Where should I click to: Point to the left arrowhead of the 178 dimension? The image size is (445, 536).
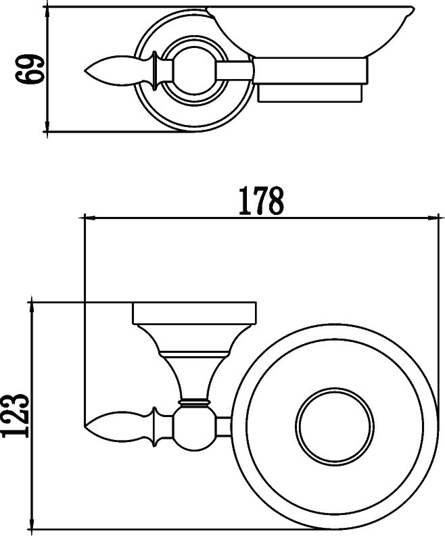pos(87,218)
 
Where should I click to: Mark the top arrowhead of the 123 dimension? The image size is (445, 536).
pos(32,306)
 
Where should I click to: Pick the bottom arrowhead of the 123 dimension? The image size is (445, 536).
pos(32,525)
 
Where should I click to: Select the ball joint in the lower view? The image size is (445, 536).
pos(194,426)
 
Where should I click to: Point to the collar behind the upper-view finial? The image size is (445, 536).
pos(158,69)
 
